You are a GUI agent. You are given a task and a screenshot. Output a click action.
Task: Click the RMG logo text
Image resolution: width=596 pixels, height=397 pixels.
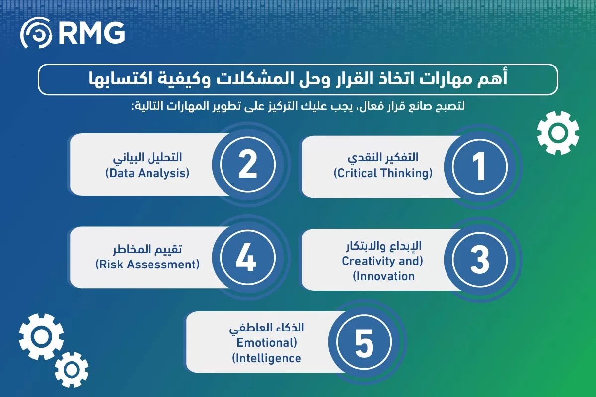point(91,33)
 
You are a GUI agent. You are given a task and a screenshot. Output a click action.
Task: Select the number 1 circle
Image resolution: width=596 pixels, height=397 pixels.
point(479,166)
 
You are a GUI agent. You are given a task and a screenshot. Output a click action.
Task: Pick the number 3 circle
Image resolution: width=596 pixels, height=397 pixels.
point(479,260)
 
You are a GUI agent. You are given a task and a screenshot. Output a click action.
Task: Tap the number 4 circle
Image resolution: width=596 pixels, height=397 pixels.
point(247,258)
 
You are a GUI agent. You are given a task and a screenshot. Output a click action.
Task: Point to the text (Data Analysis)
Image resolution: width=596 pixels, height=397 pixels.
point(148,174)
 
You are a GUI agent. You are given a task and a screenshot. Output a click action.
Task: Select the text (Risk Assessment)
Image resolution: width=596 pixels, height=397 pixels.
point(148,265)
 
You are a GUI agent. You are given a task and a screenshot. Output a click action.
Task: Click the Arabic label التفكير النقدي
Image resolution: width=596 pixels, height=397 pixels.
point(383,157)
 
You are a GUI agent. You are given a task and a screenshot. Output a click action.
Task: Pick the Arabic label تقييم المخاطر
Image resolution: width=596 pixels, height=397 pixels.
point(148,249)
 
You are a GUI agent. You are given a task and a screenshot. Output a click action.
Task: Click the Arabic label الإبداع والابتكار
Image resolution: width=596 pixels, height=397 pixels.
point(383,246)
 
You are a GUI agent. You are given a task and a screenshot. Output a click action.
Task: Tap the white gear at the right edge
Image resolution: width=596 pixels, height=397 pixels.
point(558,133)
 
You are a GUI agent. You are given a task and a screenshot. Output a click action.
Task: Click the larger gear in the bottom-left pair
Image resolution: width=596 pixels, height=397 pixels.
point(41,336)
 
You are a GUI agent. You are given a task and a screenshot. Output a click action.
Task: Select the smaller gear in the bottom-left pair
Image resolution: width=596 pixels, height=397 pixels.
point(72,369)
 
